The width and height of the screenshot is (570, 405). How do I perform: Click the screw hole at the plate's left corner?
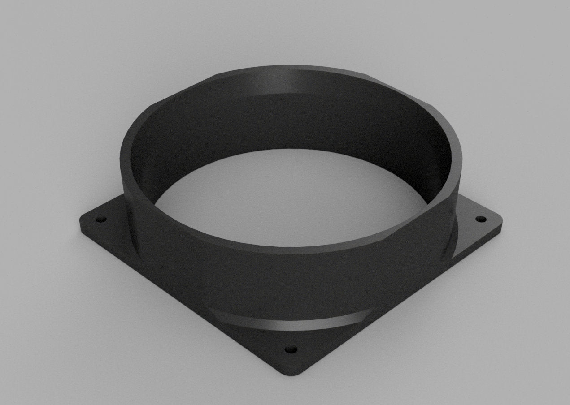tap(100, 220)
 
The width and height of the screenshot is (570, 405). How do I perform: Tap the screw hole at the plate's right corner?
tap(481, 220)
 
